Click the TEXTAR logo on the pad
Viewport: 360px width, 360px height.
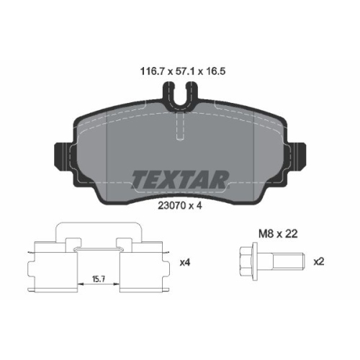tap(180, 179)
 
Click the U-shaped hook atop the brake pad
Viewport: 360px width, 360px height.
tap(180, 94)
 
